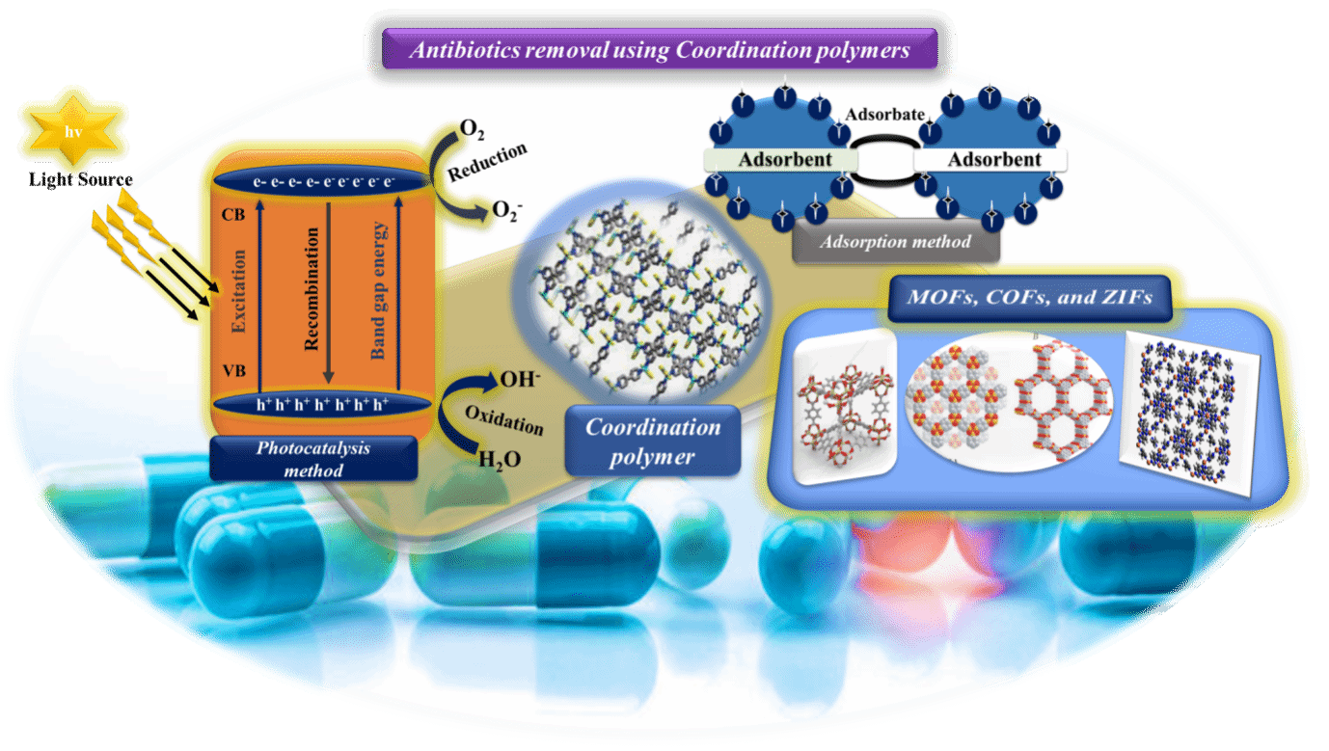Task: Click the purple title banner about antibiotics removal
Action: (x=659, y=48)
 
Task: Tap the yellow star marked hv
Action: (x=73, y=130)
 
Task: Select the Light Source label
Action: (x=81, y=179)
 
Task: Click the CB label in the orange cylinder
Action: (x=233, y=215)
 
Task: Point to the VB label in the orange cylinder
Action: (x=233, y=371)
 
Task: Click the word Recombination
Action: (x=312, y=289)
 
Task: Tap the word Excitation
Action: (x=238, y=291)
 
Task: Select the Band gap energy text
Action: (x=378, y=291)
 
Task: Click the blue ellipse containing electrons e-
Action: (x=322, y=181)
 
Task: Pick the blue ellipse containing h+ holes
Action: (x=322, y=405)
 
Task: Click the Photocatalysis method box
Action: (x=313, y=459)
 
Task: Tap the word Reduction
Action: (x=487, y=162)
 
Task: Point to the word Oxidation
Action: (x=504, y=420)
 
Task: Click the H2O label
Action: (x=500, y=460)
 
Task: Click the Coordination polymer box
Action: (x=653, y=441)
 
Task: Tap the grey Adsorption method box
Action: (x=895, y=241)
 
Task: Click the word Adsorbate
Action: (x=884, y=114)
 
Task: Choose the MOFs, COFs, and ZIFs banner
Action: (x=1029, y=297)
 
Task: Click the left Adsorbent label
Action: (x=784, y=159)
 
